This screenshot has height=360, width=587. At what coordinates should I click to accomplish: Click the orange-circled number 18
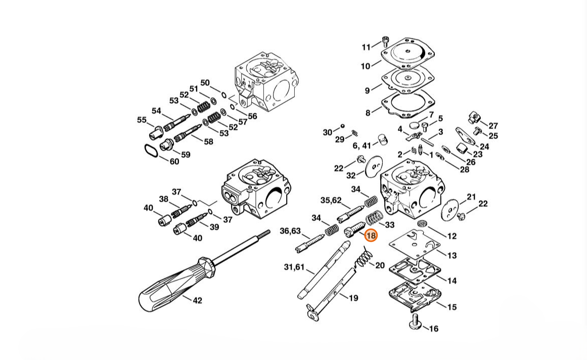click(x=371, y=236)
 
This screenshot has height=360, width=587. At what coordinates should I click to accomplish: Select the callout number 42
click(x=197, y=300)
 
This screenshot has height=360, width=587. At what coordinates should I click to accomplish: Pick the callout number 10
click(x=366, y=66)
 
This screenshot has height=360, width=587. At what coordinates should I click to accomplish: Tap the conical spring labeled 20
click(x=364, y=257)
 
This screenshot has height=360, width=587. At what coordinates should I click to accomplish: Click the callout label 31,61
click(x=294, y=267)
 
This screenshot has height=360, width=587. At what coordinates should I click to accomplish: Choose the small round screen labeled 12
click(x=422, y=224)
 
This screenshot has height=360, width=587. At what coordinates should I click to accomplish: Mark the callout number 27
click(x=493, y=126)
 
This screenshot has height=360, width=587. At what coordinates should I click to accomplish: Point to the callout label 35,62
click(x=331, y=201)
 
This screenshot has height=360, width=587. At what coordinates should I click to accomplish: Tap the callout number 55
click(x=142, y=120)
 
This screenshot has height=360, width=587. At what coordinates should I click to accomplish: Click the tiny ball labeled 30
click(x=342, y=126)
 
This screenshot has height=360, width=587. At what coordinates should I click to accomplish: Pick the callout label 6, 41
click(x=362, y=146)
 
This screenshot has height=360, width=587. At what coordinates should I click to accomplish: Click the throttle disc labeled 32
click(x=373, y=165)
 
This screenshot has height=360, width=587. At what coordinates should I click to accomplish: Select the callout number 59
click(x=186, y=155)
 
